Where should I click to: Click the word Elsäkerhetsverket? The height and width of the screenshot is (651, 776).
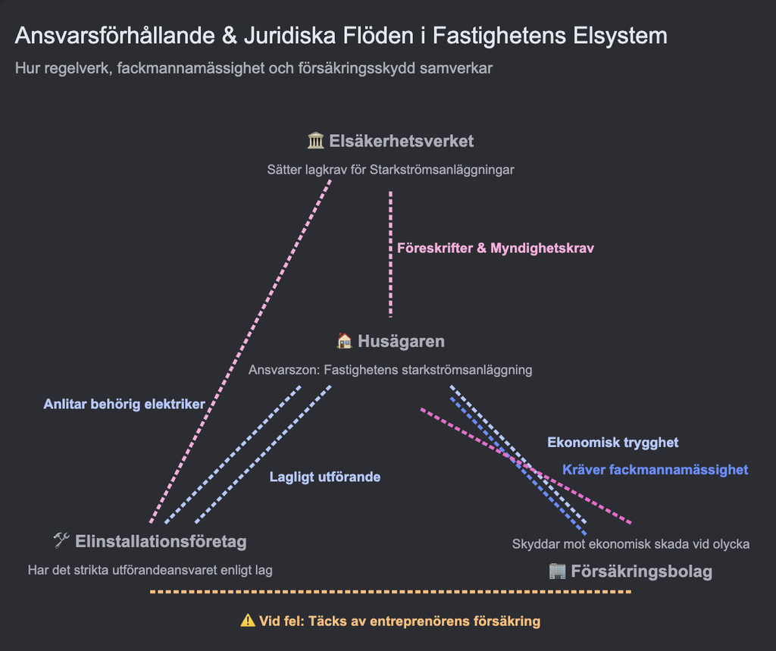pos(402,141)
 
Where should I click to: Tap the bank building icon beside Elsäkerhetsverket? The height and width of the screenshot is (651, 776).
pos(316,141)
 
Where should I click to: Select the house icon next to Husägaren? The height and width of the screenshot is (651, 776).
pos(345,340)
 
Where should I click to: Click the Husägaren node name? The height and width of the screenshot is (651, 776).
pos(401,341)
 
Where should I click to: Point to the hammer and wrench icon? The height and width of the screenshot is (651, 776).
pos(61,540)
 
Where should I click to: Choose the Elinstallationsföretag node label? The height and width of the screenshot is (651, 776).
pos(161,541)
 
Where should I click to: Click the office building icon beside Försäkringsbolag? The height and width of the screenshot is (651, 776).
pos(557,571)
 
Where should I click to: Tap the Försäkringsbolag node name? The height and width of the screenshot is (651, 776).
pos(641,571)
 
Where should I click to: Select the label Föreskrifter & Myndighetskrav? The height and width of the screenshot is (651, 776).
pos(496,248)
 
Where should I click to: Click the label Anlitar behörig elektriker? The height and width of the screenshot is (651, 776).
pos(124,404)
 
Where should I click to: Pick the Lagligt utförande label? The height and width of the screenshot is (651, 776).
pos(325,477)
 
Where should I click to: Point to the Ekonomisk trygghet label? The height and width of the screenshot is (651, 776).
pos(612,442)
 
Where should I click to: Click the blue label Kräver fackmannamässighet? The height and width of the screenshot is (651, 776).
pos(656,469)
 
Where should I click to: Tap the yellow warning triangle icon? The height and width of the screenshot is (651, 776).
pos(248,620)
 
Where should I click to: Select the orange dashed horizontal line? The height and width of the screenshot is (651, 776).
pos(390,592)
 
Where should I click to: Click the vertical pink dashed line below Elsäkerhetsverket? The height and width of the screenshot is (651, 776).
pos(390,254)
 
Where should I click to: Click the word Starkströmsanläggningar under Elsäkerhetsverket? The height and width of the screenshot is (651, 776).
pos(442,170)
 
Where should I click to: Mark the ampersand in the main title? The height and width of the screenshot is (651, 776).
pos(230,36)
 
